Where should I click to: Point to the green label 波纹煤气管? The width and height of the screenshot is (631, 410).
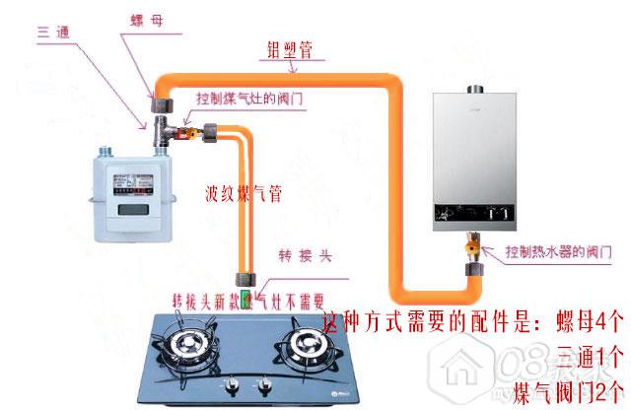(x=244, y=193)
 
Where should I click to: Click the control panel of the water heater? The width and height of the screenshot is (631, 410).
(x=477, y=212)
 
